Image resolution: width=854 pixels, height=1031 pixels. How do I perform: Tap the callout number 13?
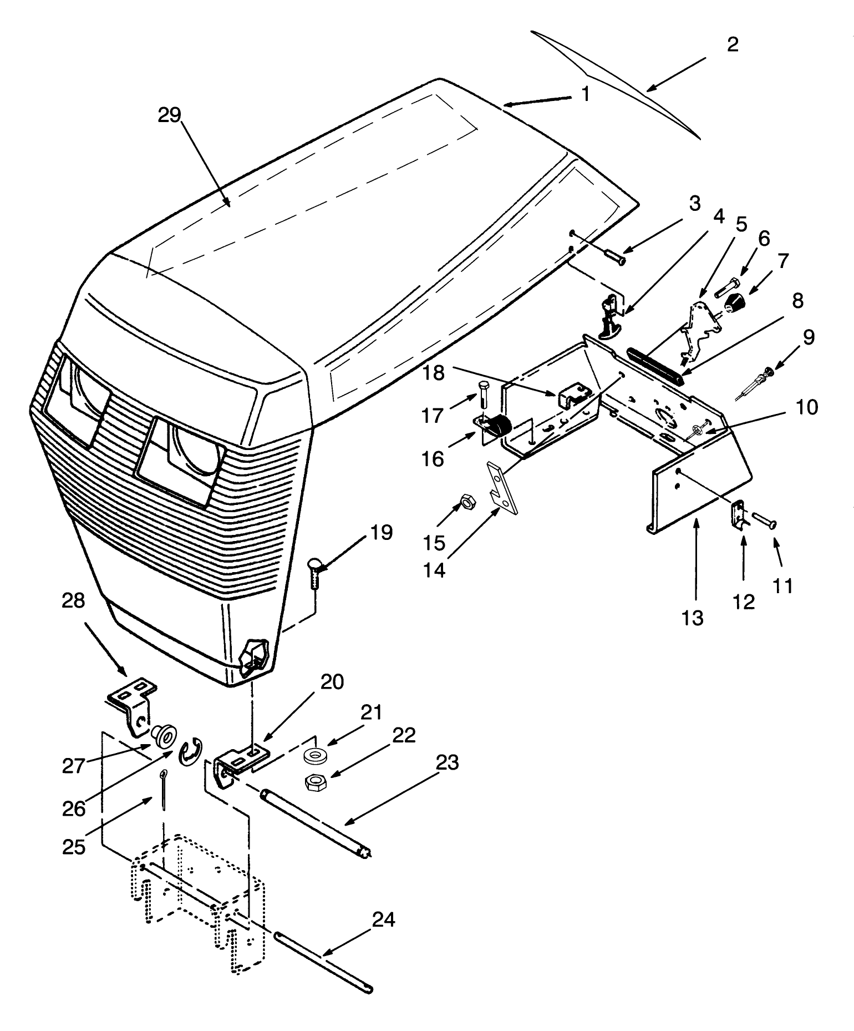point(693,617)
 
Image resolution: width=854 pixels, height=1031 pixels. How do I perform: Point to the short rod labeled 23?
point(316,823)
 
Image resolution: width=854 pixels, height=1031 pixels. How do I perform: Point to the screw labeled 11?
point(764,521)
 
